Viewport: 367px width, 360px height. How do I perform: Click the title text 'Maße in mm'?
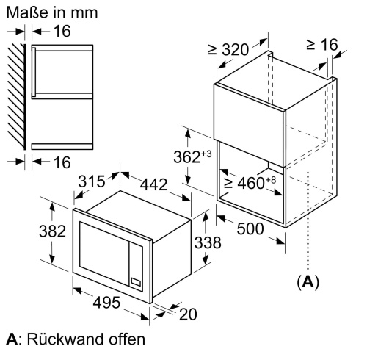pos(52,12)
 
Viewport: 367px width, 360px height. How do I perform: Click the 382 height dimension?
pos(52,231)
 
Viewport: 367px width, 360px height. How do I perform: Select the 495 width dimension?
pos(106,302)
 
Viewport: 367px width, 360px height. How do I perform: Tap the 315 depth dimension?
pos(92,181)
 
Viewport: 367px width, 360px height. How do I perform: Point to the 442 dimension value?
pos(153,184)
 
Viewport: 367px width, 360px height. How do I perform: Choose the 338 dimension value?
pos(208,242)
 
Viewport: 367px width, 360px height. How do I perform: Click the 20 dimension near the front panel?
pos(188,314)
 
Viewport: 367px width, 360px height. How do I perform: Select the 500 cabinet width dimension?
pos(250,228)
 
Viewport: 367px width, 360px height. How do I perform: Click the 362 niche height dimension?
pos(192,156)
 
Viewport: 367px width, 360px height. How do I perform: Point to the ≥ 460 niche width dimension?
pos(250,182)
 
